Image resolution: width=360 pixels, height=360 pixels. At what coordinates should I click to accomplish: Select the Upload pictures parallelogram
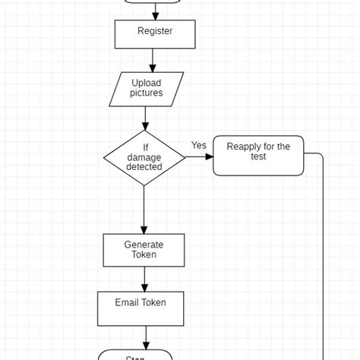[147, 89]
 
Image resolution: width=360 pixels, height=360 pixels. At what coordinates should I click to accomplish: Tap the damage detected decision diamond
[144, 157]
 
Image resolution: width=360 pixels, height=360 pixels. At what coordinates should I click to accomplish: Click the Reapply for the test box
[257, 156]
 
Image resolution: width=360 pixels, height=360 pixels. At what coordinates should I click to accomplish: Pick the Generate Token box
[144, 250]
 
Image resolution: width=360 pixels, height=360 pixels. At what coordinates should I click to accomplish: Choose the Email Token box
[141, 308]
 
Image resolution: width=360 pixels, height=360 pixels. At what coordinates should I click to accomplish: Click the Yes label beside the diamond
[199, 145]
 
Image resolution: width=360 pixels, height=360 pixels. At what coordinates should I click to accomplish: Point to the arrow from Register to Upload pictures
[153, 60]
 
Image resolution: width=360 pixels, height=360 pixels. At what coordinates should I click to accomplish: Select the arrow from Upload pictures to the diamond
[145, 118]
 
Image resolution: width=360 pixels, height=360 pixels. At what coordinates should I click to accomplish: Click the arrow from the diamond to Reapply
[199, 156]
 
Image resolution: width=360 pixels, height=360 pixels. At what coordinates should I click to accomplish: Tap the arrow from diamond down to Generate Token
[144, 210]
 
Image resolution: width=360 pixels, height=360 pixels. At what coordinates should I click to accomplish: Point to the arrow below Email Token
[145, 337]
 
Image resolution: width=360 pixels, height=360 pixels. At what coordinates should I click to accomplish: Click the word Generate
[144, 245]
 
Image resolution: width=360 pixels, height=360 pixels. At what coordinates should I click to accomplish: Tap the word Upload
[147, 84]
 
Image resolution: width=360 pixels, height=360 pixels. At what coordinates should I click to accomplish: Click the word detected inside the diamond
[144, 166]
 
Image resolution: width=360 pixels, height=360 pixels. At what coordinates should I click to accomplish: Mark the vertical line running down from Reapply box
[324, 258]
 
